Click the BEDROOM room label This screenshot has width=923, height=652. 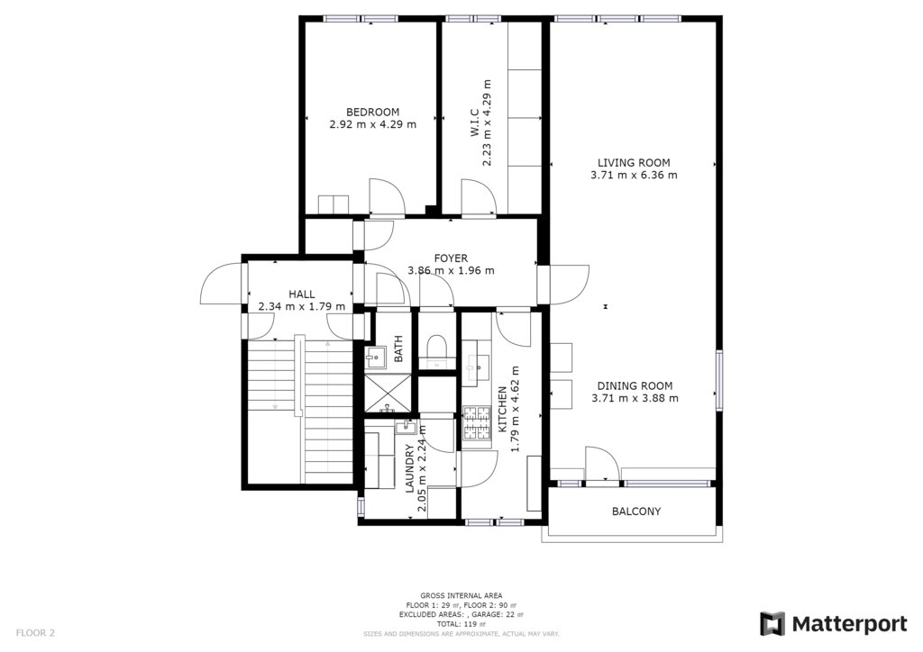372,112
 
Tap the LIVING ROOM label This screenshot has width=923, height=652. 634,162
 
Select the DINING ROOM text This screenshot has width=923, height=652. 635,385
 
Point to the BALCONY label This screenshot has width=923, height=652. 636,512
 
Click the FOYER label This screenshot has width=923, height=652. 451,258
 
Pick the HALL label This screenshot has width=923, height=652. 301,294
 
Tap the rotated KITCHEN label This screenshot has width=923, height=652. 502,409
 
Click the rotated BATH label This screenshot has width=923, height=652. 398,349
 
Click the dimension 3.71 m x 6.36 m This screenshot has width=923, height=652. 634,175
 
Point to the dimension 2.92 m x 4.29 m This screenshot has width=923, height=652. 372,124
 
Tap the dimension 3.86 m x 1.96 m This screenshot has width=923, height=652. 451,270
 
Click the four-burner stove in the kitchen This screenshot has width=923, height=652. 477,423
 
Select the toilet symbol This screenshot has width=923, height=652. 437,346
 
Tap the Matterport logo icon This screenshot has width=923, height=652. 772,623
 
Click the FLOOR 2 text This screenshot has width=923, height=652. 35,633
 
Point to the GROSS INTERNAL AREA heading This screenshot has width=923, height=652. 461,595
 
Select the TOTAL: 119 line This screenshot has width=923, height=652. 461,624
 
